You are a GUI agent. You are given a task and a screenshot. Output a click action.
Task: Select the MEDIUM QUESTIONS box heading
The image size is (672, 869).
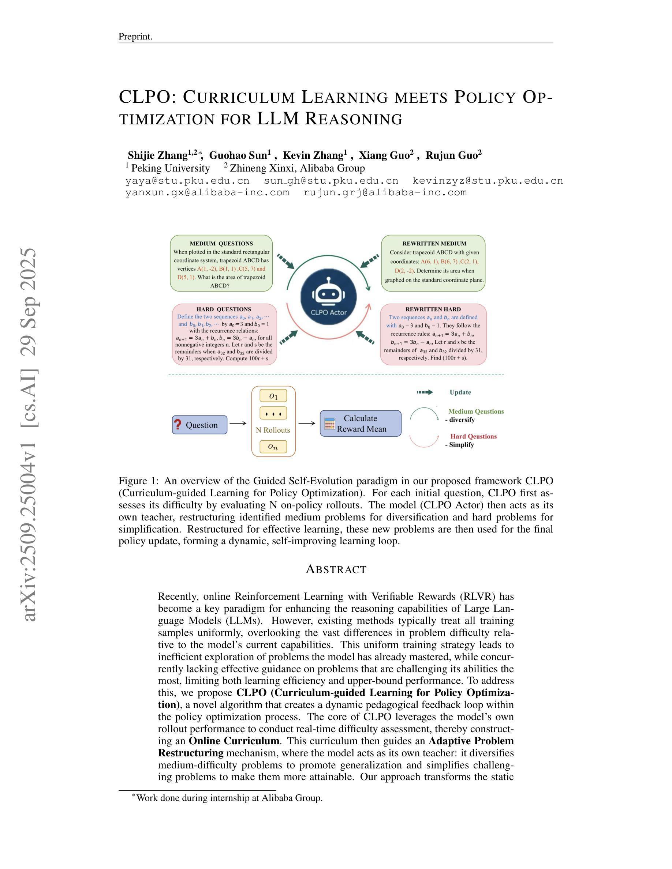point(221,244)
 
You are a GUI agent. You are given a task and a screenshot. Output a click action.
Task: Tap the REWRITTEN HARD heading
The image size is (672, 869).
point(433,309)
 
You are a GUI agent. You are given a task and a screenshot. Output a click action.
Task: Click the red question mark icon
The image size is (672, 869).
point(178,425)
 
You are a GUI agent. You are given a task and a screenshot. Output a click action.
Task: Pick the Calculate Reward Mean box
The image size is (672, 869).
point(361,424)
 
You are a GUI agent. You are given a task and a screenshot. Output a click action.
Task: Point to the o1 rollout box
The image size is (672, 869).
point(273,396)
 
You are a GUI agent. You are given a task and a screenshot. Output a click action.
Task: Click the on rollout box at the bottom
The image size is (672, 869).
point(273,447)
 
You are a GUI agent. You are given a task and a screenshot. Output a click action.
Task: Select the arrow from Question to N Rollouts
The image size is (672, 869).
point(238,424)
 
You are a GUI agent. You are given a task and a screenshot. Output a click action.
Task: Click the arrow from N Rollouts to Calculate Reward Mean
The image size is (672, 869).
point(307,424)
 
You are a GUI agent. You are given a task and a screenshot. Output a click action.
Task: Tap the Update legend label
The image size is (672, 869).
point(460,392)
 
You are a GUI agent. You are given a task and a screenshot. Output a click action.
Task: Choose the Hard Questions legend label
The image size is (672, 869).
point(473,436)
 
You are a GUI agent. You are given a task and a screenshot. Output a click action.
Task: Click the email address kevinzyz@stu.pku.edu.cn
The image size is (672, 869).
point(488,181)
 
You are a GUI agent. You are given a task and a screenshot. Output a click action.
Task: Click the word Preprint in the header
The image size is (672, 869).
point(135,37)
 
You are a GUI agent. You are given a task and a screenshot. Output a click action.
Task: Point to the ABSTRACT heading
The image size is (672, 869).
point(336,569)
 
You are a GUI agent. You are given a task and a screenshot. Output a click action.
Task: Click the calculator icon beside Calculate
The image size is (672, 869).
point(330,424)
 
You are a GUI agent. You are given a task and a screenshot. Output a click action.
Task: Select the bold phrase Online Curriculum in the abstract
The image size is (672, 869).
point(234,741)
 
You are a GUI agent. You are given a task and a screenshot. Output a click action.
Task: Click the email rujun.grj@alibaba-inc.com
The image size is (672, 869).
point(385,193)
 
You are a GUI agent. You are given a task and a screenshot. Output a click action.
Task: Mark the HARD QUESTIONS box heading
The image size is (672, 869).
point(224,309)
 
